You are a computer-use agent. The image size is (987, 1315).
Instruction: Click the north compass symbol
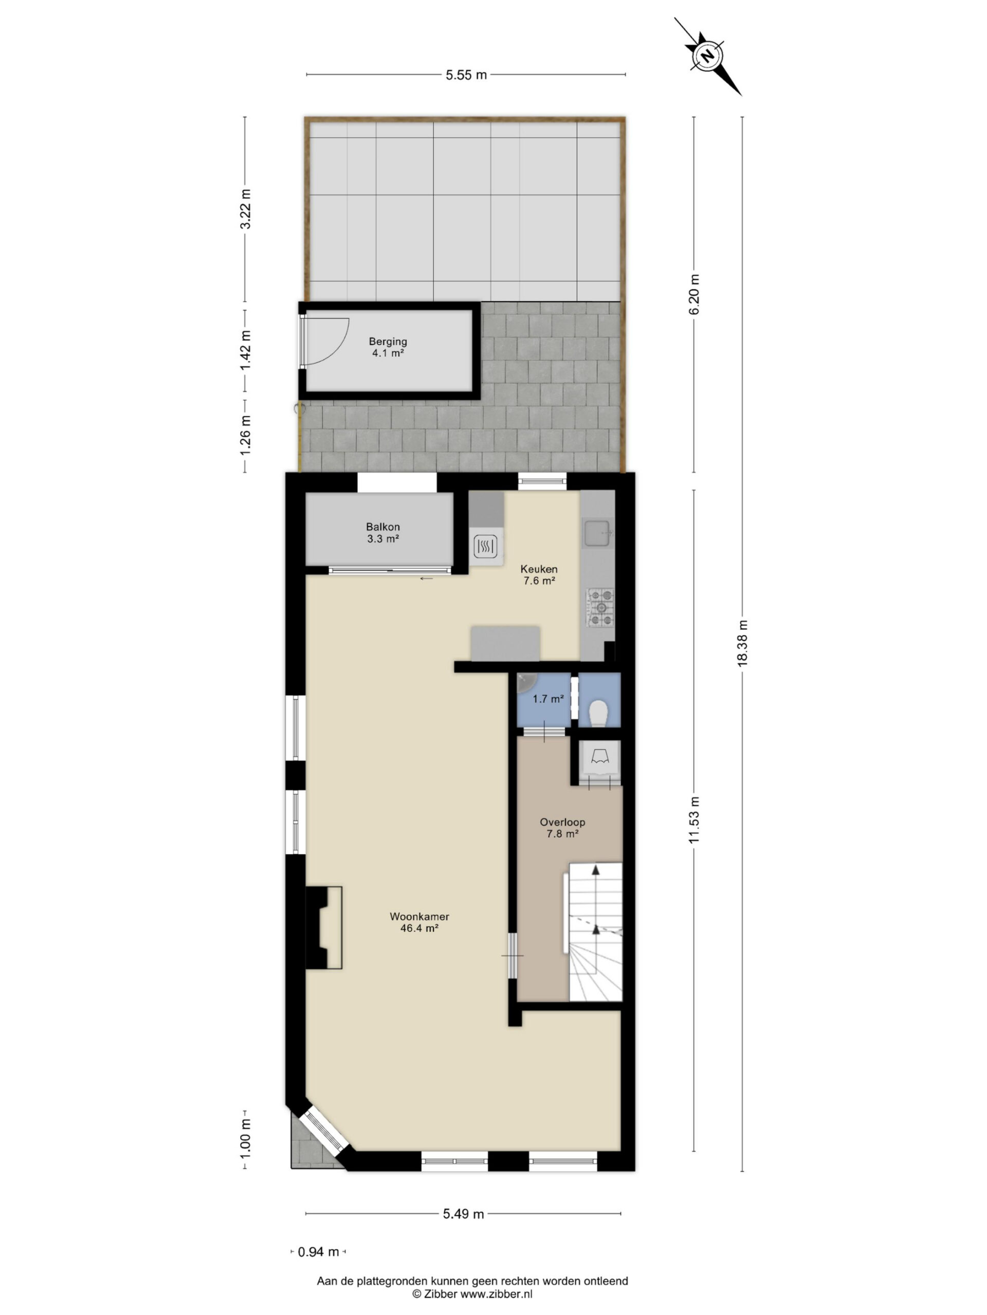[x=707, y=57]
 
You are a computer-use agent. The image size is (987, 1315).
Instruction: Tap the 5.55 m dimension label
[x=466, y=75]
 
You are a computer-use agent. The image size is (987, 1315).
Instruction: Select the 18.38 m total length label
[x=742, y=643]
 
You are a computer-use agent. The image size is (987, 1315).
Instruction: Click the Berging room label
[x=388, y=342]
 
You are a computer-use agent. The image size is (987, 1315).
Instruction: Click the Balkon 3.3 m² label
[x=382, y=533]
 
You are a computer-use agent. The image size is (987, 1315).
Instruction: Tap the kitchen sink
[x=597, y=533]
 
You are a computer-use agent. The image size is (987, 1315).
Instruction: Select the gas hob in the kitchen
[x=601, y=608]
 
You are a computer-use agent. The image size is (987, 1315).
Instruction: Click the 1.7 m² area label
[x=548, y=699]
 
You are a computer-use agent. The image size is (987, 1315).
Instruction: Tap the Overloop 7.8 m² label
[x=562, y=828]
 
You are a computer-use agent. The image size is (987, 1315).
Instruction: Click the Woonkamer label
[x=419, y=917]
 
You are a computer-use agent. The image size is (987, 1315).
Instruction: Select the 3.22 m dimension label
[x=245, y=209]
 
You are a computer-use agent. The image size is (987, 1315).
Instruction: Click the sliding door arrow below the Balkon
[x=426, y=578]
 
